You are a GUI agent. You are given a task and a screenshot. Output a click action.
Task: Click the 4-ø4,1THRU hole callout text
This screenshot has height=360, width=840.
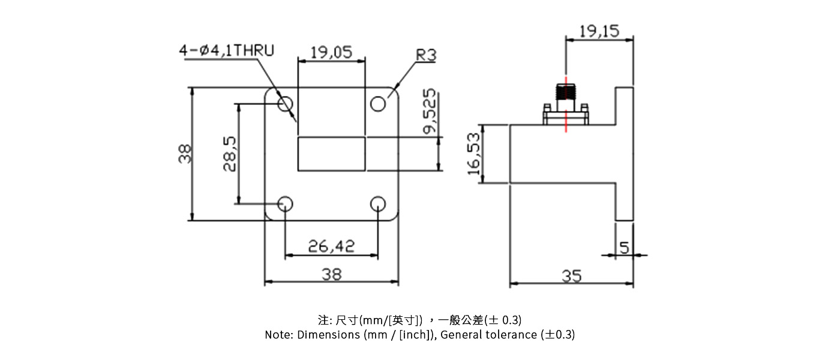[226, 50]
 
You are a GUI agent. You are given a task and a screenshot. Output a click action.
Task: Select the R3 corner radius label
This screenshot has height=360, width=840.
[426, 56]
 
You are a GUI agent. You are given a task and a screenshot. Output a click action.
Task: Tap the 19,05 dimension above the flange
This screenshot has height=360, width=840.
[331, 52]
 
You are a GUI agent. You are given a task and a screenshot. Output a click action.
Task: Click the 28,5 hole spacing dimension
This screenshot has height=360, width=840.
[230, 154]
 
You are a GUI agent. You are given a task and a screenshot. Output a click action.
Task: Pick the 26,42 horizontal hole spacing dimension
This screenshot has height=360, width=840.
[331, 246]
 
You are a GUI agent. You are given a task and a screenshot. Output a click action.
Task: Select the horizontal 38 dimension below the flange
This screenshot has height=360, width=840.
[331, 274]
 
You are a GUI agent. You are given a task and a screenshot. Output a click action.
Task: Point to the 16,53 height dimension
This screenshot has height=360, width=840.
[475, 154]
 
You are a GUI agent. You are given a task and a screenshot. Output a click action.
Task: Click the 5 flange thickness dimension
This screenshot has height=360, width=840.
[624, 247]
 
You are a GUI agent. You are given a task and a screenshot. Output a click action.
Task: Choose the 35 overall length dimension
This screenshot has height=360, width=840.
[571, 276]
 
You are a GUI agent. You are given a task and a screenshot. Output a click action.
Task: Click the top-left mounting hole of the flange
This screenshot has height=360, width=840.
[285, 104]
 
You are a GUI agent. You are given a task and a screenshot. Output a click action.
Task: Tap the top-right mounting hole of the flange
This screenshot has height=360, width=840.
[377, 104]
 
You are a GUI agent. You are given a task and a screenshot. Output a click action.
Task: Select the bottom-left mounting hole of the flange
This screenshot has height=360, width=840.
[285, 204]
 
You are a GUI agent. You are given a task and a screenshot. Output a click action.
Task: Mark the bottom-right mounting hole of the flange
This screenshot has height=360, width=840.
[377, 204]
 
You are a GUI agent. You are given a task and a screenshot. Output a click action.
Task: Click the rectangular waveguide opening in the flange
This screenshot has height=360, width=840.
[331, 154]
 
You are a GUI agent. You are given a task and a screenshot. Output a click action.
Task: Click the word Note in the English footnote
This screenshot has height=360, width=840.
[278, 335]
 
